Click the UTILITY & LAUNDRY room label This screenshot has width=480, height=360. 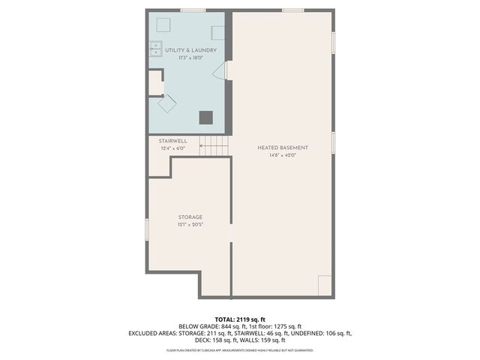(x=187, y=50)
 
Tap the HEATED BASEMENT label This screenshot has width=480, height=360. (x=283, y=148)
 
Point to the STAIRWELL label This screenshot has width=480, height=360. (x=172, y=141)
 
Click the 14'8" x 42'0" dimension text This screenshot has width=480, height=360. (x=283, y=156)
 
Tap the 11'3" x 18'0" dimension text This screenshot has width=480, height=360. (x=187, y=58)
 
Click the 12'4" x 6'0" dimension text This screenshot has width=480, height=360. (x=172, y=148)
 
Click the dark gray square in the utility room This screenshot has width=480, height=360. (x=205, y=116)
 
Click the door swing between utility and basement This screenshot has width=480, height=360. (x=220, y=70)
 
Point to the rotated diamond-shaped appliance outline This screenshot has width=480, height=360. (x=166, y=104)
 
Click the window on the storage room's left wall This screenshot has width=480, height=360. (x=147, y=229)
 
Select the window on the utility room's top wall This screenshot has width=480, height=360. (x=193, y=10)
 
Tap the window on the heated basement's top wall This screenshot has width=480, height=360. (x=292, y=10)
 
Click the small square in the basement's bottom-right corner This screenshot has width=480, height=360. (x=325, y=285)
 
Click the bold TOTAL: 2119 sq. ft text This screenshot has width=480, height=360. (x=239, y=319)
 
